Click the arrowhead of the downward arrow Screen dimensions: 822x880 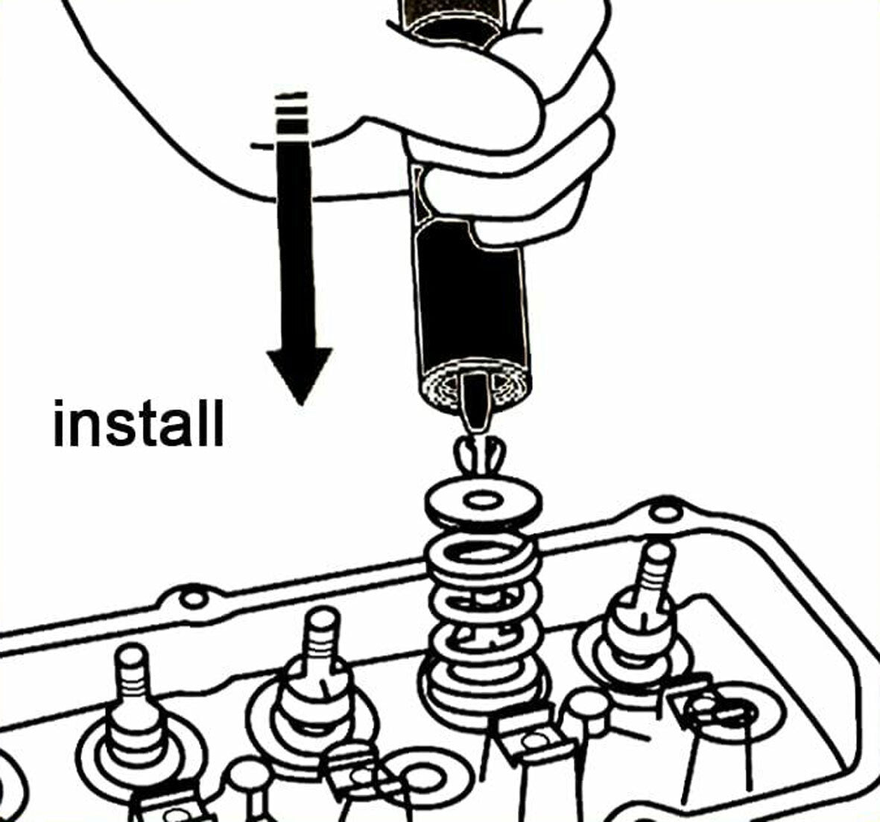[x=300, y=373]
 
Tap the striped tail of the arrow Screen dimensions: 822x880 [x=291, y=112]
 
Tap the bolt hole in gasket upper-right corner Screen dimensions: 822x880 [x=659, y=514]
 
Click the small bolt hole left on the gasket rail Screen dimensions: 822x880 [x=193, y=598]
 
